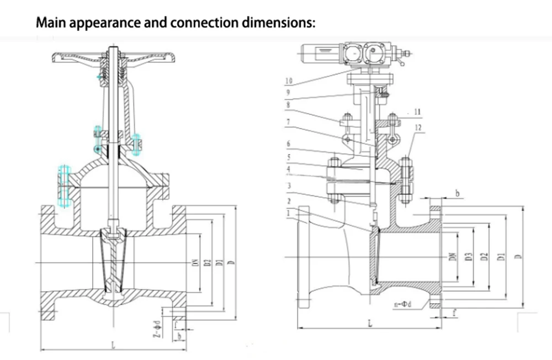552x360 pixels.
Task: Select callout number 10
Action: point(289,81)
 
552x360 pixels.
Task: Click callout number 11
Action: point(417,112)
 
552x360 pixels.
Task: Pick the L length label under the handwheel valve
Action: point(113,346)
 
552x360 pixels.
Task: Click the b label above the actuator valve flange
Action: point(457,193)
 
